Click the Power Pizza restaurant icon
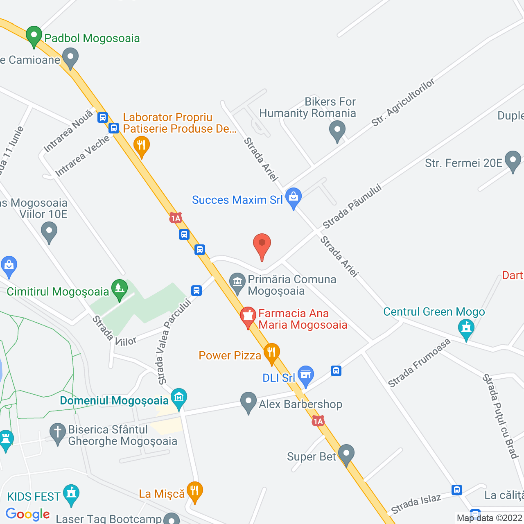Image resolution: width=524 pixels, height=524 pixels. [x=271, y=352]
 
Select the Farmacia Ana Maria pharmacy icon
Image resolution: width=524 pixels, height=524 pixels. [x=248, y=316]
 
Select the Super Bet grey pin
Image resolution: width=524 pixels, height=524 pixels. [x=346, y=454]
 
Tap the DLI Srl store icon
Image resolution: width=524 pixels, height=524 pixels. [x=306, y=375]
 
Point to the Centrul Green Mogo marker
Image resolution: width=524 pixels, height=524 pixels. [x=466, y=328]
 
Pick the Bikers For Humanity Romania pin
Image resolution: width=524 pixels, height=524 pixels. [x=337, y=130]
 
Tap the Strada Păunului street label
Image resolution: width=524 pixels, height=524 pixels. [x=352, y=207]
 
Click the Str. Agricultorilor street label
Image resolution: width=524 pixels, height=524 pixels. [x=403, y=103]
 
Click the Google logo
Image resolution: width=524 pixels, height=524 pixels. [x=28, y=514]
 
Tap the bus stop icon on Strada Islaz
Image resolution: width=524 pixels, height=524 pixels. [x=457, y=490]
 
